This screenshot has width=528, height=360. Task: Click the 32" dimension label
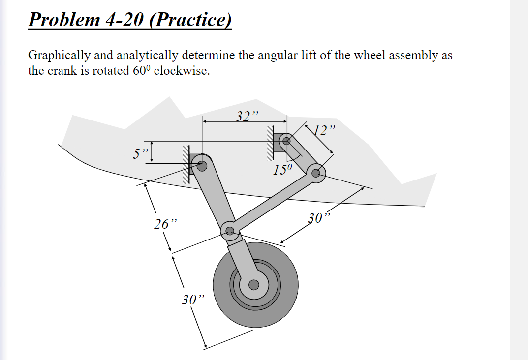pyautogui.click(x=247, y=116)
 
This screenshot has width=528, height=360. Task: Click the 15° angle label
pyautogui.click(x=283, y=170)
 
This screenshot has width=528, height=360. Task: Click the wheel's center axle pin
pyautogui.click(x=253, y=284)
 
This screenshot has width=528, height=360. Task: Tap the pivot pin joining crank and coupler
pyautogui.click(x=316, y=172)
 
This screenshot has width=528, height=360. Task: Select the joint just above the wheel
pyautogui.click(x=229, y=230)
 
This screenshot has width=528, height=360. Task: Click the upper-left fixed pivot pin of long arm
pyautogui.click(x=201, y=166)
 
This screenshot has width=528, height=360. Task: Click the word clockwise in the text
pyautogui.click(x=182, y=70)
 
